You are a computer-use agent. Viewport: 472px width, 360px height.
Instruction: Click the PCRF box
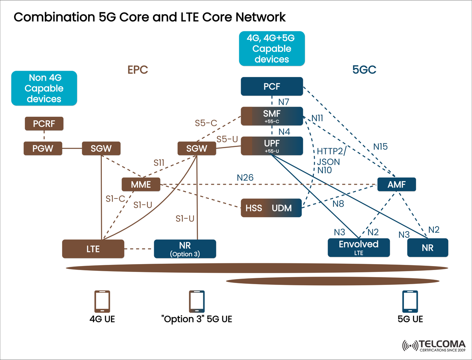coord(44,124)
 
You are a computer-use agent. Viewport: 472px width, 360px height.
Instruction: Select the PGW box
coord(43,149)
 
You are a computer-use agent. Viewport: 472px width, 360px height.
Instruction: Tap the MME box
coord(141,184)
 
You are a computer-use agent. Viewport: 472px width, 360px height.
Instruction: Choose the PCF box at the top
coord(272,86)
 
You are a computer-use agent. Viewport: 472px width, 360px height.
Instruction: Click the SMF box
coord(272,116)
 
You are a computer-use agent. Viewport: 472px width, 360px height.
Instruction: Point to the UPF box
coord(272,146)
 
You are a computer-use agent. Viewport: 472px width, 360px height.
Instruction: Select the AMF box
coord(396,184)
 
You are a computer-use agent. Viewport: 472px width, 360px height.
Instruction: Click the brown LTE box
coord(93,249)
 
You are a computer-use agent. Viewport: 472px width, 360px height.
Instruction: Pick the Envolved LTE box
coord(359,247)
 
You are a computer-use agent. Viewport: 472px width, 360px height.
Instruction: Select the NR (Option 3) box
coord(185,249)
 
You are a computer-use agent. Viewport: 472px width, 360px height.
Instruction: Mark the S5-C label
coord(206,123)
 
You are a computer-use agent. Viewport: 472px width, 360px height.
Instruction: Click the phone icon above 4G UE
coord(102,302)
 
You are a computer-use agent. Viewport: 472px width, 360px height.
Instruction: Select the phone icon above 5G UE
coord(410,302)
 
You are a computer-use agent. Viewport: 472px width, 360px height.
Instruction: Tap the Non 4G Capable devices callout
coord(44,88)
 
